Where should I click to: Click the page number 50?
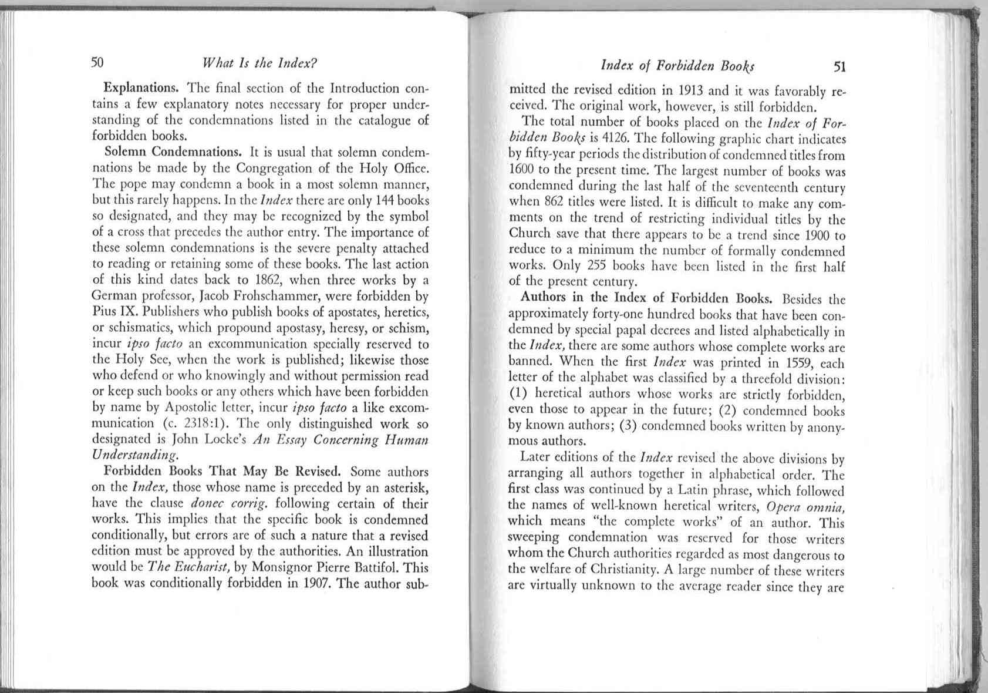point(97,62)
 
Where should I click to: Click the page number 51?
point(839,66)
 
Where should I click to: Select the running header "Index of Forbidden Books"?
point(677,65)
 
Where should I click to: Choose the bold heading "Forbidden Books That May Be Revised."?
point(222,471)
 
